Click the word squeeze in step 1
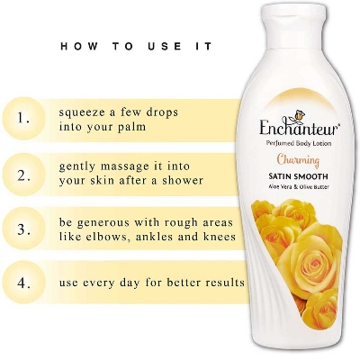85,113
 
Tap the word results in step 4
222,282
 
